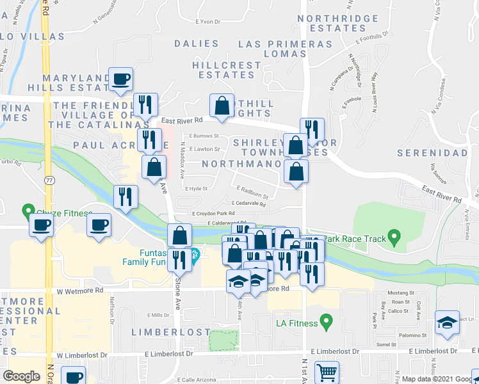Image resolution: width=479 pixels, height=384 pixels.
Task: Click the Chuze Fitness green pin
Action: [28, 210]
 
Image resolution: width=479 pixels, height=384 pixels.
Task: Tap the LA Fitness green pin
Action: [327, 319]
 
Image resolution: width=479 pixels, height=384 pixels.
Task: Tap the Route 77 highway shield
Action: [49, 180]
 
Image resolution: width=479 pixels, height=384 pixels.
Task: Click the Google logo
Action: [21, 376]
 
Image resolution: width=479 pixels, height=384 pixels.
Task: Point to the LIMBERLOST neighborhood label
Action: [171, 332]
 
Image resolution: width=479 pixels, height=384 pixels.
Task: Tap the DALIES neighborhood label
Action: [197, 44]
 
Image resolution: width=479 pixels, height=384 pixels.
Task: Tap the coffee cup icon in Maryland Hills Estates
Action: [120, 79]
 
